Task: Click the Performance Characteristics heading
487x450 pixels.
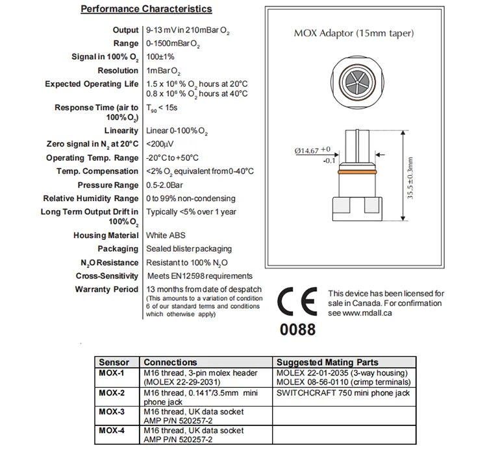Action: pos(145,9)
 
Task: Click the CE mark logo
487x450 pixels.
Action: pos(297,301)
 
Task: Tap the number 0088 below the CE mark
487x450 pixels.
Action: pos(297,329)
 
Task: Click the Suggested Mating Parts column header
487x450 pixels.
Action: pos(327,362)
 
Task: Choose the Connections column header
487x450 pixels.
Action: pos(169,362)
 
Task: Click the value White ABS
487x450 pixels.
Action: pos(167,235)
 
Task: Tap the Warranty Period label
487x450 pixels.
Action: pos(107,289)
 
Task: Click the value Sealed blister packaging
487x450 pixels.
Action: pos(189,249)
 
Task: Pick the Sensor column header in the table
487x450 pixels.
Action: pos(113,362)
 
